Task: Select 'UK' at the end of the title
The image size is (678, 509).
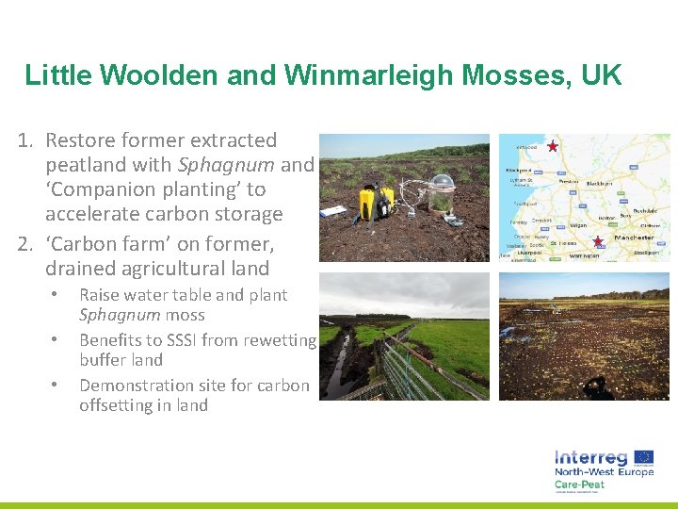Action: pos(602,75)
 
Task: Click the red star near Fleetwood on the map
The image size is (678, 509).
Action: pos(553,147)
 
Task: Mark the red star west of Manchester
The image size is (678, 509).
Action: pos(597,242)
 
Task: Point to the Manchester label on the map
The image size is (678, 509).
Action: pos(634,238)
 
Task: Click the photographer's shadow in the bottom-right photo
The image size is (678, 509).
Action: pos(595,386)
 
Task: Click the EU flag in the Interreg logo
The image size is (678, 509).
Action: pos(643,457)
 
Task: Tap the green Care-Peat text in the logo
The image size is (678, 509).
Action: pos(580,484)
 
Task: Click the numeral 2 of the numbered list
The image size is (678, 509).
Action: pos(26,245)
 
